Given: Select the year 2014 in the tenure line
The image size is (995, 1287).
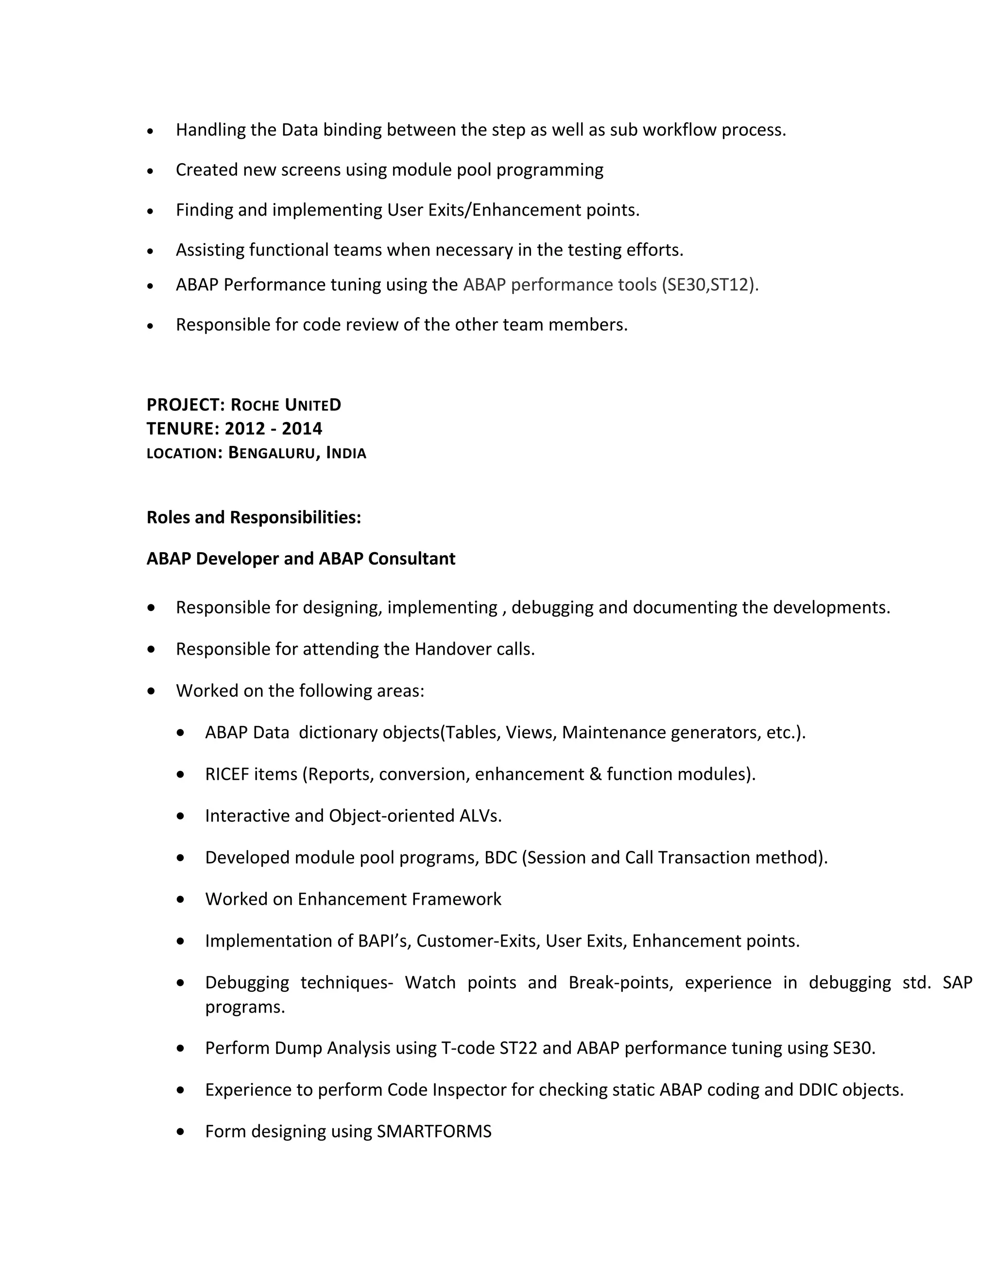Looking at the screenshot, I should pos(302,428).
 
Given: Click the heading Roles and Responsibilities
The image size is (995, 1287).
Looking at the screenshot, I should pos(254,517).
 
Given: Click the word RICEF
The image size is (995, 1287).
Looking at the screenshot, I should pos(227,774).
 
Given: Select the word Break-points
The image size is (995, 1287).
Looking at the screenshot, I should pos(620,982).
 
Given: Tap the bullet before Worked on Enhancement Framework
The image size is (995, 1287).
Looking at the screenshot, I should pos(180,899).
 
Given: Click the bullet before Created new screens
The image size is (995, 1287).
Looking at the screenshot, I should pos(151,171).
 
